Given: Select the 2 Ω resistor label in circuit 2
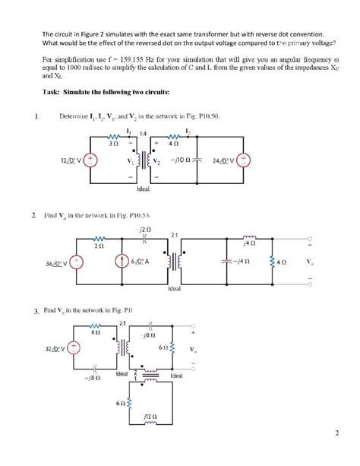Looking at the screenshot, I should pos(99,245).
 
